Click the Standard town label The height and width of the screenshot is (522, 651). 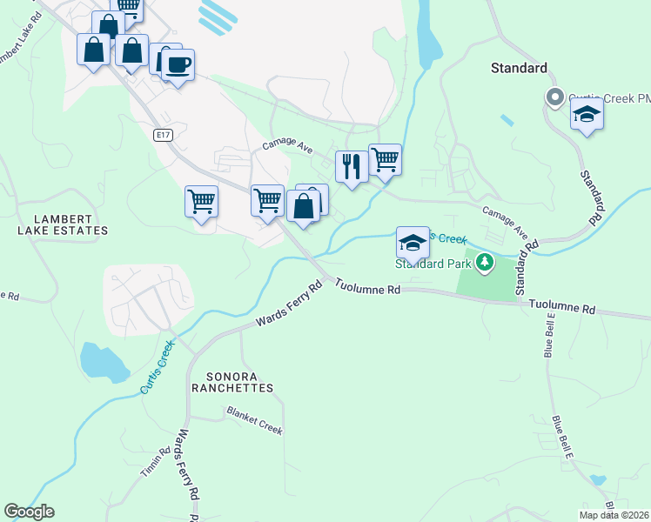coord(519,68)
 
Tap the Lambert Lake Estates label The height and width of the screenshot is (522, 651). coord(59,224)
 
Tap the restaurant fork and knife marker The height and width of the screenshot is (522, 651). coord(351,166)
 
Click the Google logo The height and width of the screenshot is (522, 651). coord(29,512)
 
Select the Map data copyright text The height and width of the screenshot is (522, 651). coord(613,515)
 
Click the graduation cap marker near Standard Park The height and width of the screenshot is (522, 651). coord(413,243)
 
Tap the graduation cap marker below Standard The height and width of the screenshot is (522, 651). coord(587,115)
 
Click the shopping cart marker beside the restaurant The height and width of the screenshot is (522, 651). coord(385,160)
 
